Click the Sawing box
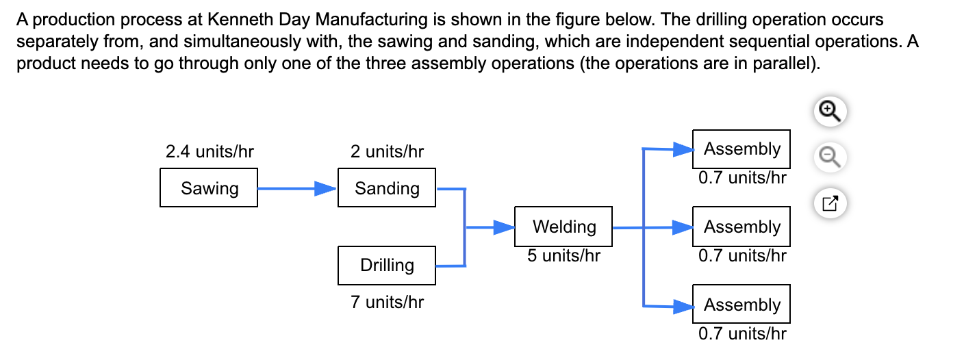[209, 188]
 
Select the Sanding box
[387, 188]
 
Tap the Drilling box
[387, 266]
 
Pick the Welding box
[563, 227]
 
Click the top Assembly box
[741, 149]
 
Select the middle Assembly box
[741, 227]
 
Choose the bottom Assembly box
[741, 305]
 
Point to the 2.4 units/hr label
[205, 151]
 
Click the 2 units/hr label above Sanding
[387, 151]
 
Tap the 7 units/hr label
[387, 302]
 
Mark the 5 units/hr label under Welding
[563, 256]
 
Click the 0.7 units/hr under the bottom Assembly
[742, 334]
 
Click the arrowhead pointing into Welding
[505, 227]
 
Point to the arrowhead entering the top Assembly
[683, 149]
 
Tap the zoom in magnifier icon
[828, 110]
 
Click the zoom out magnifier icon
[828, 157]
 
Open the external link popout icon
[828, 203]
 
